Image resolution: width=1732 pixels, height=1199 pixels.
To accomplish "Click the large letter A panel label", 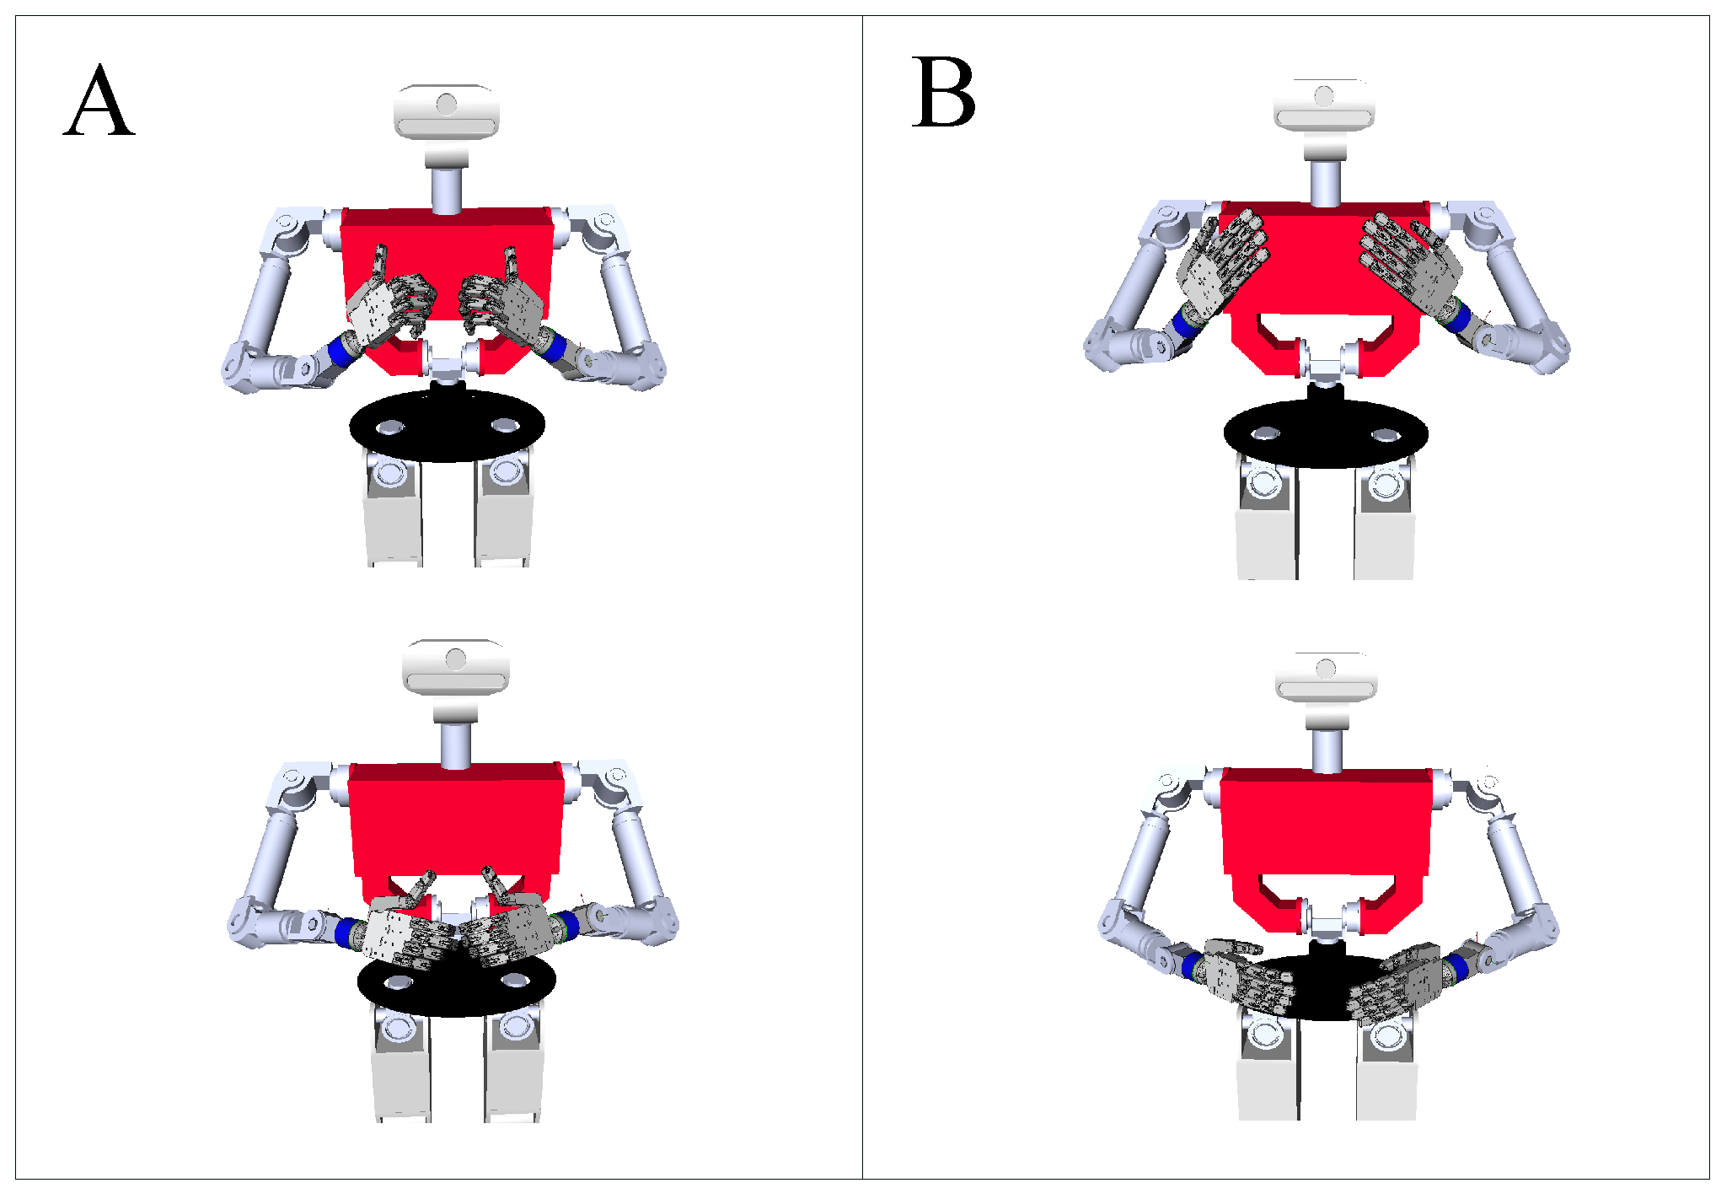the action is tap(99, 100).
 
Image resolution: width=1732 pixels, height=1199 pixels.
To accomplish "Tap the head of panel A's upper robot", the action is tap(447, 110).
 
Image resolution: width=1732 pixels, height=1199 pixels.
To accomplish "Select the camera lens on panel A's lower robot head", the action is tap(456, 659).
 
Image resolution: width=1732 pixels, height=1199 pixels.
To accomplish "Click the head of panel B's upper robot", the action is tap(1324, 105).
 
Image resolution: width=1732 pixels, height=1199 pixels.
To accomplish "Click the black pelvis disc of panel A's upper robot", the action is tap(448, 426).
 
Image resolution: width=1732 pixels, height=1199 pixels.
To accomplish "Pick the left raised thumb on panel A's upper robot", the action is tap(379, 263).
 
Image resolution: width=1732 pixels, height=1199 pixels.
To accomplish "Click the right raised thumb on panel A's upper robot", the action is tap(511, 263).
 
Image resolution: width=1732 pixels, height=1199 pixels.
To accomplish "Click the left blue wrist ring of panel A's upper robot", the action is tap(342, 349).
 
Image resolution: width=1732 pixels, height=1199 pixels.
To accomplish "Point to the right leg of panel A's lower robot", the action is tap(512, 1067).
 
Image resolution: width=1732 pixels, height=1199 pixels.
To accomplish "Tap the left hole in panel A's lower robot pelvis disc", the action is tap(398, 983).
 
